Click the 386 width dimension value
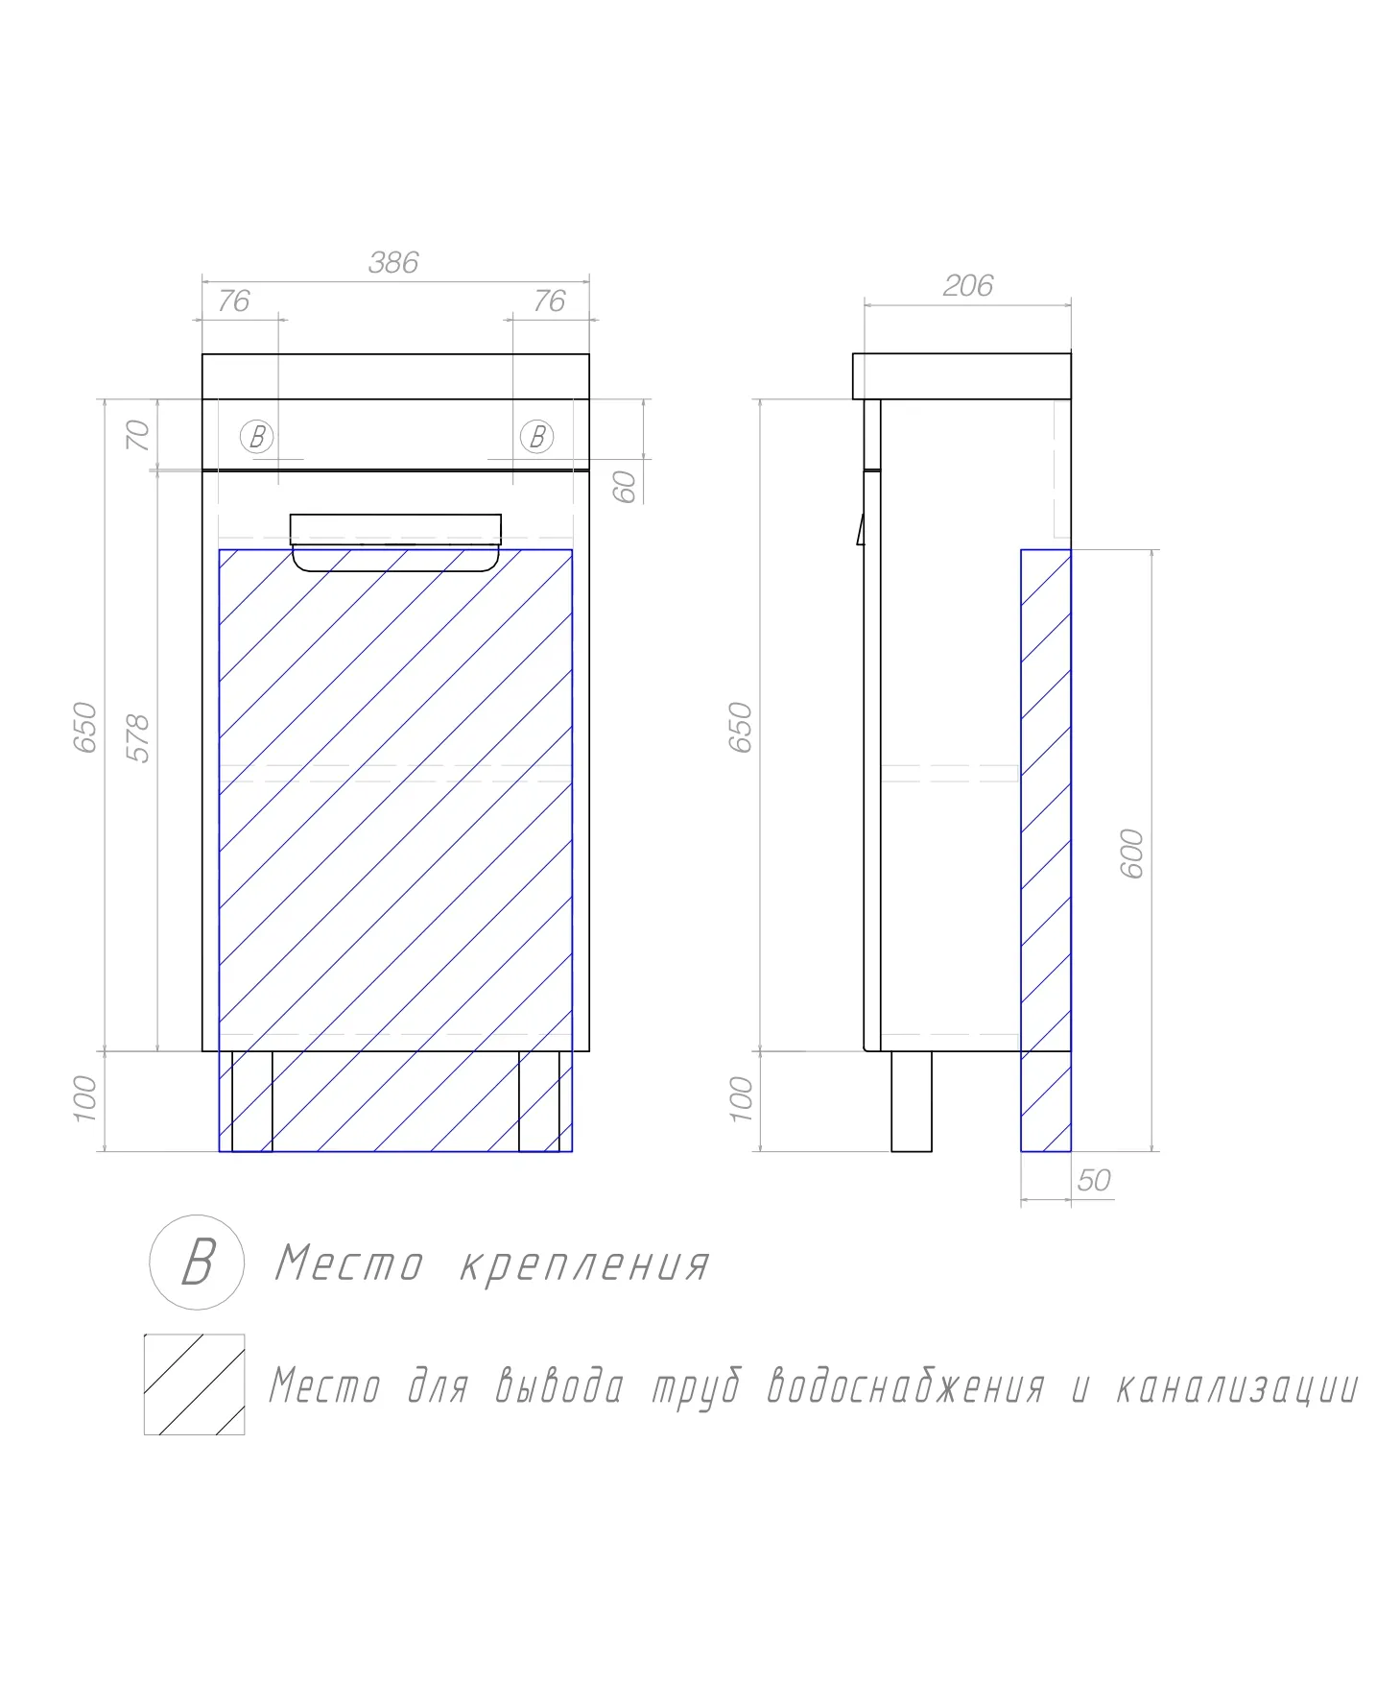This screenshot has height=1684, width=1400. [x=393, y=262]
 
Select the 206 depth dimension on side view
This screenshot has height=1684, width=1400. [x=967, y=285]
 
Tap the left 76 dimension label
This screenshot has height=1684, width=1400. [x=233, y=301]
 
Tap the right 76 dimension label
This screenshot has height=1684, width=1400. [x=549, y=301]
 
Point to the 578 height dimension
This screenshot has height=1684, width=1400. [x=139, y=738]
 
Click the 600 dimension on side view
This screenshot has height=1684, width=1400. [x=1132, y=853]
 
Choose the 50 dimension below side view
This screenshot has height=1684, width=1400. [x=1094, y=1180]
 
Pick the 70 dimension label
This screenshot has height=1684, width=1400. [x=139, y=435]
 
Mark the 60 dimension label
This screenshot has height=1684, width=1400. [x=625, y=487]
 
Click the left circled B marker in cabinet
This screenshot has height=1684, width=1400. [x=256, y=437]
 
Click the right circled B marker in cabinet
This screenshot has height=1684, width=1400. [x=536, y=437]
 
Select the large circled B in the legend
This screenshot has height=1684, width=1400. [x=197, y=1262]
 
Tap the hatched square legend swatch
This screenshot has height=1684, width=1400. [x=194, y=1383]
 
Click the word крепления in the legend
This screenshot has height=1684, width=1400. [x=584, y=1266]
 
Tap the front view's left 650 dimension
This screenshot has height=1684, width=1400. [x=86, y=727]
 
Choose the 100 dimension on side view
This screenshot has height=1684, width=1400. [x=742, y=1098]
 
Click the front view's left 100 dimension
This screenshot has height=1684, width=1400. [x=86, y=1098]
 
